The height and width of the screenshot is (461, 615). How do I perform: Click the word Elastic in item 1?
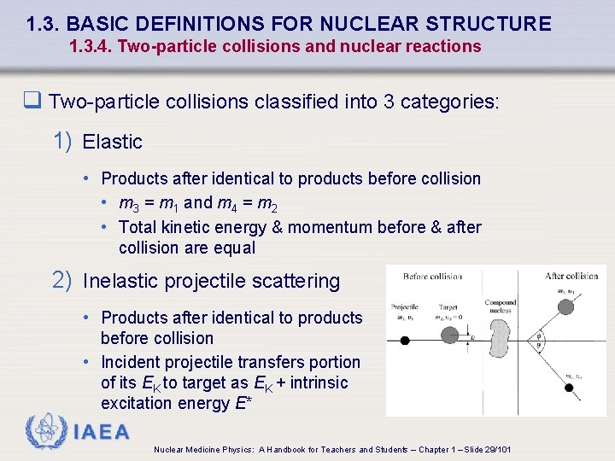click(x=112, y=142)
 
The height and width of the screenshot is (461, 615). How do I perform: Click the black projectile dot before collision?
click(x=405, y=340)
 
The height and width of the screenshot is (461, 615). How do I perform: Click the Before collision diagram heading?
click(x=432, y=276)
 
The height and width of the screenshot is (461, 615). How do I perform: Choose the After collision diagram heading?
click(x=571, y=276)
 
